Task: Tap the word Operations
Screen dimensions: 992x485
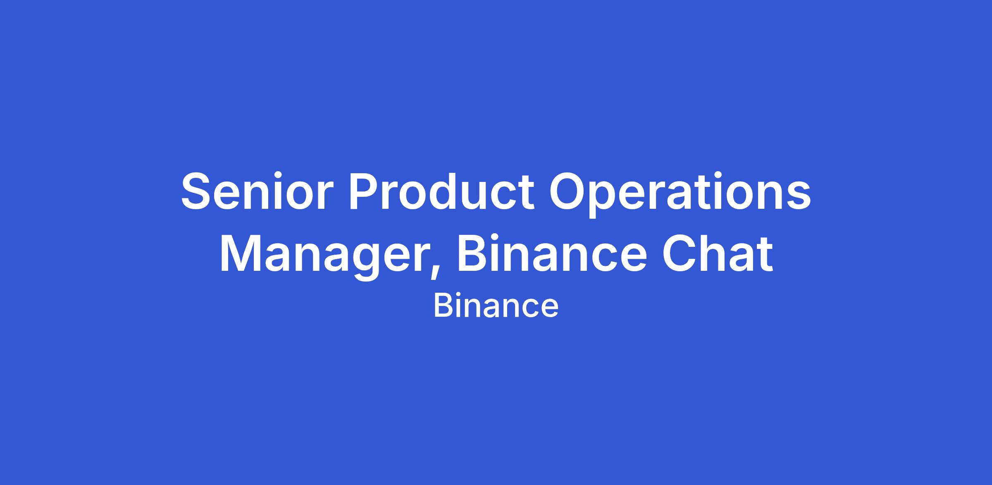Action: tap(680, 194)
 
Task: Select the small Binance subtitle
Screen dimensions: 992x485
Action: tap(496, 306)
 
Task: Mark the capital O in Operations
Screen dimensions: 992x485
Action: tap(568, 191)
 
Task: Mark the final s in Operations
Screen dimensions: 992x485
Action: tap(799, 197)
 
